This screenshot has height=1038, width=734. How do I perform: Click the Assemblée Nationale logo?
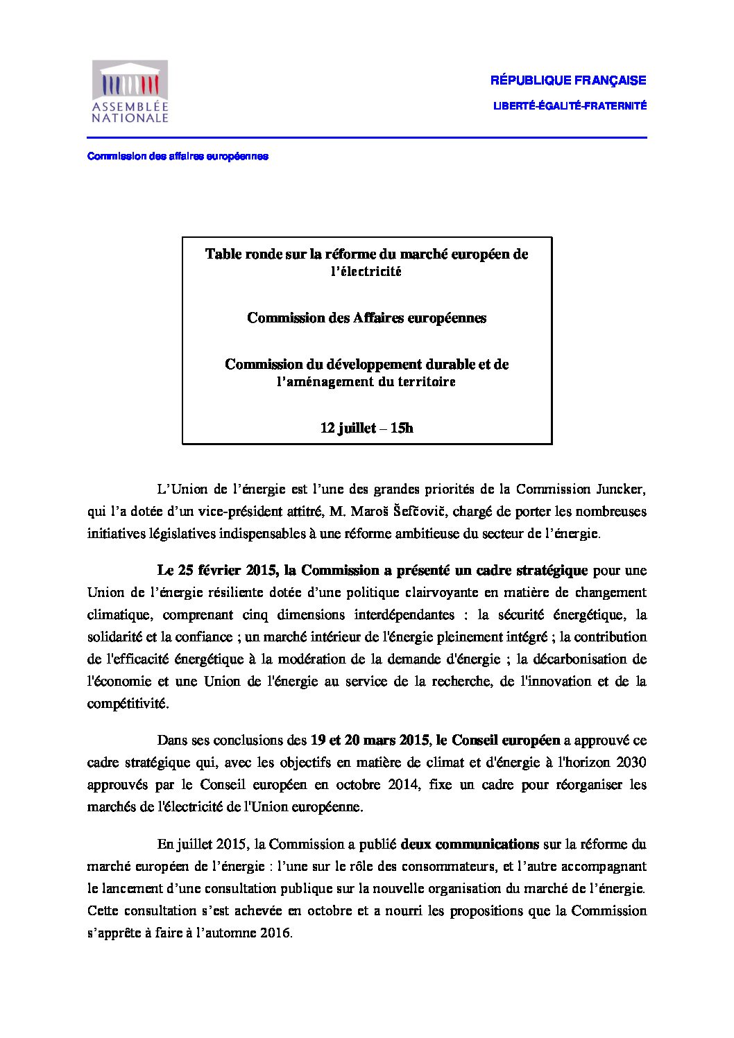(x=130, y=92)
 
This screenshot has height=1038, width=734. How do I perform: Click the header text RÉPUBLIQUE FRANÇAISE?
(x=568, y=80)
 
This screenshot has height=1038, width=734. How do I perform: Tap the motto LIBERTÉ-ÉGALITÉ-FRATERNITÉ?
(x=570, y=106)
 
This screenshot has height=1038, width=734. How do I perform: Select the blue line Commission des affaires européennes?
(x=178, y=156)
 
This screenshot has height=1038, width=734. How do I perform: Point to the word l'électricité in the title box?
(x=366, y=272)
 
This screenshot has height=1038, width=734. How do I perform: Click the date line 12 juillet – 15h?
(x=366, y=428)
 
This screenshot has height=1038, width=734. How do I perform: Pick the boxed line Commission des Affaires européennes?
(x=366, y=318)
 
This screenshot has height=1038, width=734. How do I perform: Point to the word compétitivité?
(x=127, y=703)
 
